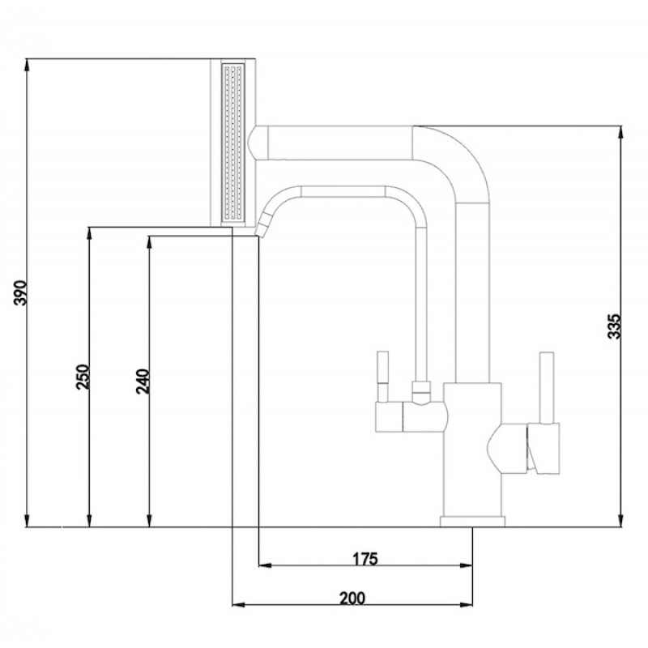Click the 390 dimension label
coord(20,292)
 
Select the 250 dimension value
coord(83,377)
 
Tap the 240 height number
coord(143,381)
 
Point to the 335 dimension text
coord(615,326)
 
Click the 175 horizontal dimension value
coord(365,559)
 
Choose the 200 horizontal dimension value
coord(352,598)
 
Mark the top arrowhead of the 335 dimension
coord(620,132)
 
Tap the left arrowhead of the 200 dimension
coord(239,605)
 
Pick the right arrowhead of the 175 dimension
coord(466,565)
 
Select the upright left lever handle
coord(383,377)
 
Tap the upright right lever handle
coord(548,388)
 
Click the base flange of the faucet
coord(472,522)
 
